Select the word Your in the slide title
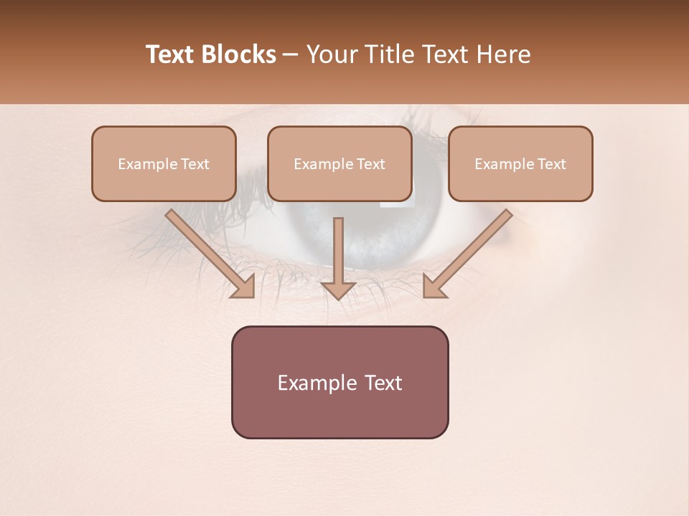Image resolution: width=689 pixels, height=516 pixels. (x=329, y=54)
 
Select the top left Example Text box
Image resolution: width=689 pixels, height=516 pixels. (x=164, y=163)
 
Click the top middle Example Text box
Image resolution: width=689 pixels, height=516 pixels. (x=339, y=163)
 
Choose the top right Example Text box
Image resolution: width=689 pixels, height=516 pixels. (x=520, y=163)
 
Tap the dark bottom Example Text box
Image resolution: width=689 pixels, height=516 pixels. (x=339, y=382)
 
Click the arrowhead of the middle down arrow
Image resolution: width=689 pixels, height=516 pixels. (x=338, y=289)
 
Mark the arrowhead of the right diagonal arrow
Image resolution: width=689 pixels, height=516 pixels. (x=435, y=286)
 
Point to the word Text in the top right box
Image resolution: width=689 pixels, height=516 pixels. (x=551, y=164)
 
